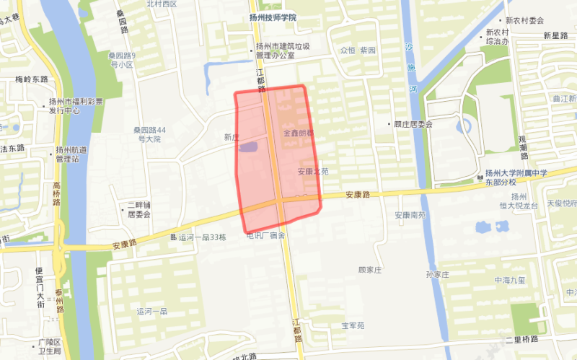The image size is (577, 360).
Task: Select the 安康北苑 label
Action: tap(313, 172)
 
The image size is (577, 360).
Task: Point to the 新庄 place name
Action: tap(231, 137)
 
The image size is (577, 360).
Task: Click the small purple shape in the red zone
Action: tap(248, 147)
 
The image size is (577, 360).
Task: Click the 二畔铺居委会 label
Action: tap(138, 209)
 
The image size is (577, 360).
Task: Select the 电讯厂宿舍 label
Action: tap(266, 235)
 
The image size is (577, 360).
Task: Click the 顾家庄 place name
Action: tap(369, 269)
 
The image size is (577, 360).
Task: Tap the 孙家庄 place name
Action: tap(438, 275)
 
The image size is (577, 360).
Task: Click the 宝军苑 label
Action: tap(353, 325)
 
